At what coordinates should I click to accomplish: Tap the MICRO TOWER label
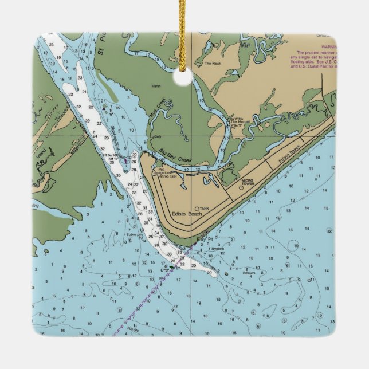coord(247,182)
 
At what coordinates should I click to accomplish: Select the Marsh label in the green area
coord(156,87)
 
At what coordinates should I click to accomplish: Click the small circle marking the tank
coord(197,209)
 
